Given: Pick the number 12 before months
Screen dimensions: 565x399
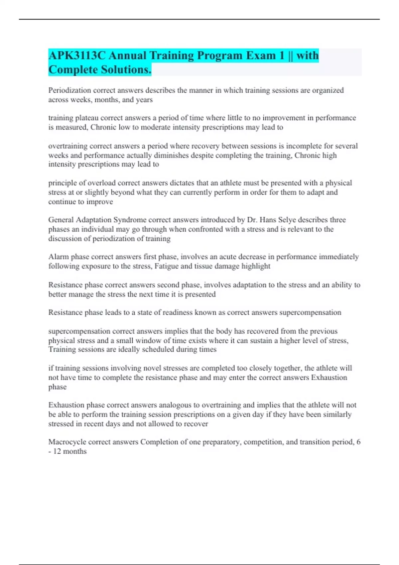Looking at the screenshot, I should point(57,451).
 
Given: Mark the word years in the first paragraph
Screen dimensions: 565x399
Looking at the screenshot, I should point(144,100).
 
